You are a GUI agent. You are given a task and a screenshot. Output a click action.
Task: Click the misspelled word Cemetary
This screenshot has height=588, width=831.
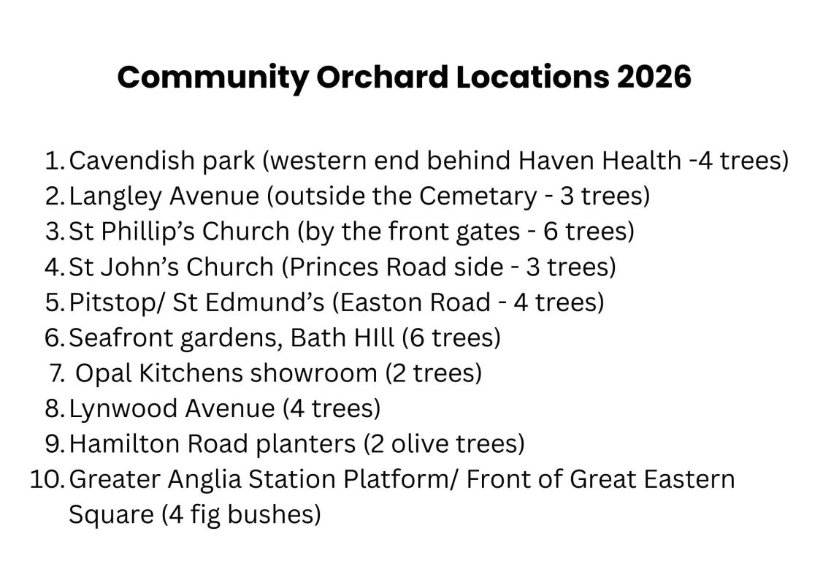[x=478, y=196]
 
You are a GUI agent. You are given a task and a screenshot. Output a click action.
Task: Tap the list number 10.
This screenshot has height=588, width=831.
[x=47, y=479]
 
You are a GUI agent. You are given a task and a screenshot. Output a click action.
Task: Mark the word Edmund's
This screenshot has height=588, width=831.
[x=264, y=302]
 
